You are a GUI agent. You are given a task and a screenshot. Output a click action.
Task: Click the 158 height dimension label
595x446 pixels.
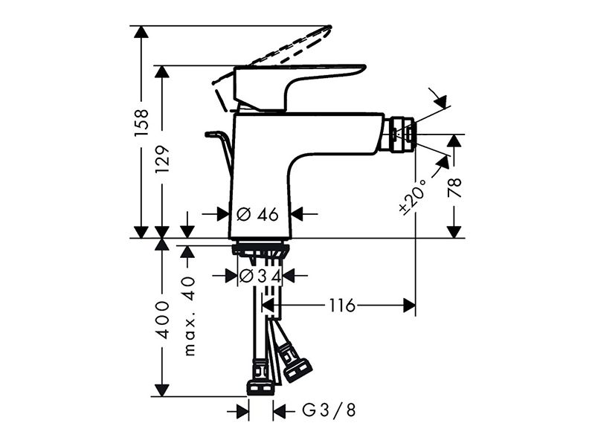[141, 123]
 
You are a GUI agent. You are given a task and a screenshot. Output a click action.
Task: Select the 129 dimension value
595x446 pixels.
[163, 159]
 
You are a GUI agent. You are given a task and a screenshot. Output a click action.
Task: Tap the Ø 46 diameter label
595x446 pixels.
[257, 215]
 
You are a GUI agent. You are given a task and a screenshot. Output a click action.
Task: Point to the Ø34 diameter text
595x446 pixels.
[260, 276]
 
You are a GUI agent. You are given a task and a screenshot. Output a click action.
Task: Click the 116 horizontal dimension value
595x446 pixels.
[342, 306]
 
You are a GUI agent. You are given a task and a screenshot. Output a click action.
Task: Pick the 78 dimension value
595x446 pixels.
[454, 187]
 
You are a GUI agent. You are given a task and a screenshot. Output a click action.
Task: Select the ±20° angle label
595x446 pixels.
[413, 195]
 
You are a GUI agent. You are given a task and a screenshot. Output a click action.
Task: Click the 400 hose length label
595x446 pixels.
[163, 320]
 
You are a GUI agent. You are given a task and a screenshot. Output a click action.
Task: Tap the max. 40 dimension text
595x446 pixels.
[190, 317]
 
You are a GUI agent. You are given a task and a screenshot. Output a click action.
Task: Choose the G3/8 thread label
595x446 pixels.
[329, 410]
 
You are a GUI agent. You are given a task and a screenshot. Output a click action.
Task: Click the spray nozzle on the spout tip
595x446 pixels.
[399, 135]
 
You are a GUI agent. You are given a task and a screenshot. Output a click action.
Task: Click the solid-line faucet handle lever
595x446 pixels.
[300, 88]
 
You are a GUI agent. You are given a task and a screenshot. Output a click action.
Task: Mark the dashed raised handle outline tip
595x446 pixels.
[329, 28]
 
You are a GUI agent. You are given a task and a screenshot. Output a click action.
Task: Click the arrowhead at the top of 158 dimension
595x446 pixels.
[141, 32]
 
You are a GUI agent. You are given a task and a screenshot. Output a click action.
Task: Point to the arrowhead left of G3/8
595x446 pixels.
[243, 412]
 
